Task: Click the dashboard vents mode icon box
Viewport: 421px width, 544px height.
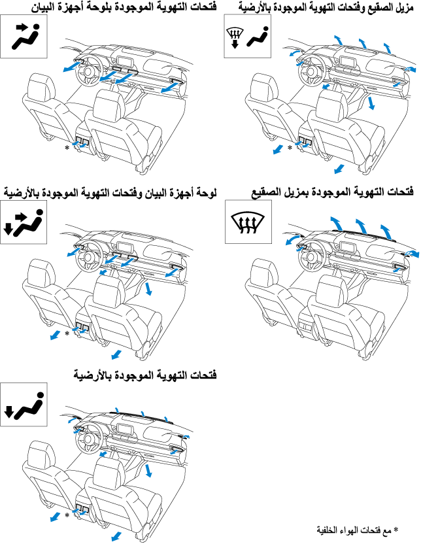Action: (x=24, y=37)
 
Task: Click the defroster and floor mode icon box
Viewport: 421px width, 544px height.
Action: (x=248, y=36)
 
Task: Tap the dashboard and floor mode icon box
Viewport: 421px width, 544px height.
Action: (x=24, y=222)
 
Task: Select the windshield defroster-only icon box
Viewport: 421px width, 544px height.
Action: (x=248, y=222)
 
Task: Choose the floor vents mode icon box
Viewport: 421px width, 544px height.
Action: (x=24, y=405)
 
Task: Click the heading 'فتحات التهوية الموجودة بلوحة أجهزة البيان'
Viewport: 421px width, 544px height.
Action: (x=124, y=7)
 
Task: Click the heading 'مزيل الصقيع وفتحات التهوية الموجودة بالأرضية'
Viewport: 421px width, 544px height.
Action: (x=326, y=7)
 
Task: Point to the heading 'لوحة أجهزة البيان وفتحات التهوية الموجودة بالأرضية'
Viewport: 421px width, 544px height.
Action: (x=110, y=192)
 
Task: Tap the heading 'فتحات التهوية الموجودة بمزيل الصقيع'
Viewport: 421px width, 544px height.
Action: (x=332, y=192)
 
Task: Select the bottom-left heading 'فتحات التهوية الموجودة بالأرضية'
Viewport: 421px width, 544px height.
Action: (x=145, y=375)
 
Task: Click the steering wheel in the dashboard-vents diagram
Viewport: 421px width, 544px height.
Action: (x=88, y=71)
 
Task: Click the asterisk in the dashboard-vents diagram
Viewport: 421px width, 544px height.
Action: (x=67, y=148)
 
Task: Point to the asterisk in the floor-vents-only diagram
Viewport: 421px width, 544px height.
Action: (x=67, y=515)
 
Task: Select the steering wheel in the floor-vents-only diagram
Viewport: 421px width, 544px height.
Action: (x=88, y=439)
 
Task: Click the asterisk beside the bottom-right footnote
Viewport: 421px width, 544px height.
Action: (x=396, y=530)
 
